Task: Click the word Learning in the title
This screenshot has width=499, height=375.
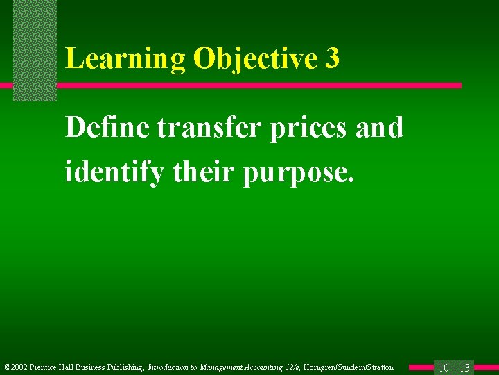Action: pos(125,60)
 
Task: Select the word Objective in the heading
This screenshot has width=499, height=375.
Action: pos(255,60)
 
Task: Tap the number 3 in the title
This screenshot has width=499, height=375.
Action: pos(332,60)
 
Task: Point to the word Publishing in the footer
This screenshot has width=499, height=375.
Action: pos(125,367)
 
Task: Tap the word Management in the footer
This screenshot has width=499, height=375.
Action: pos(224,367)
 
